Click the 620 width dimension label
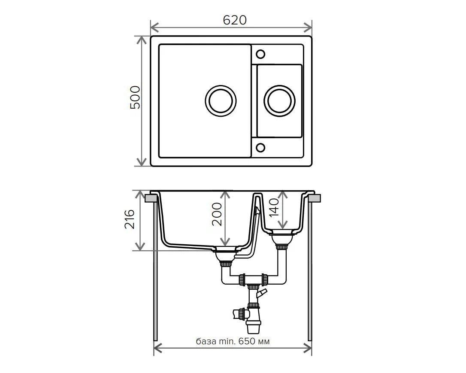234,20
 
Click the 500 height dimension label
135,97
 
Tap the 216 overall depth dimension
130,219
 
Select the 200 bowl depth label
217,214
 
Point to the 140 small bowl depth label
274,207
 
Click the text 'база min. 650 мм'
233,341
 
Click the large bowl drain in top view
221,101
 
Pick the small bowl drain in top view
279,101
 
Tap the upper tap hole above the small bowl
260,54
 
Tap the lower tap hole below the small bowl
260,147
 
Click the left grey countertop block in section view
151,198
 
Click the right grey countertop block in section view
315,198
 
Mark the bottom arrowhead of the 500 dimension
142,162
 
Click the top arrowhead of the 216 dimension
140,195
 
